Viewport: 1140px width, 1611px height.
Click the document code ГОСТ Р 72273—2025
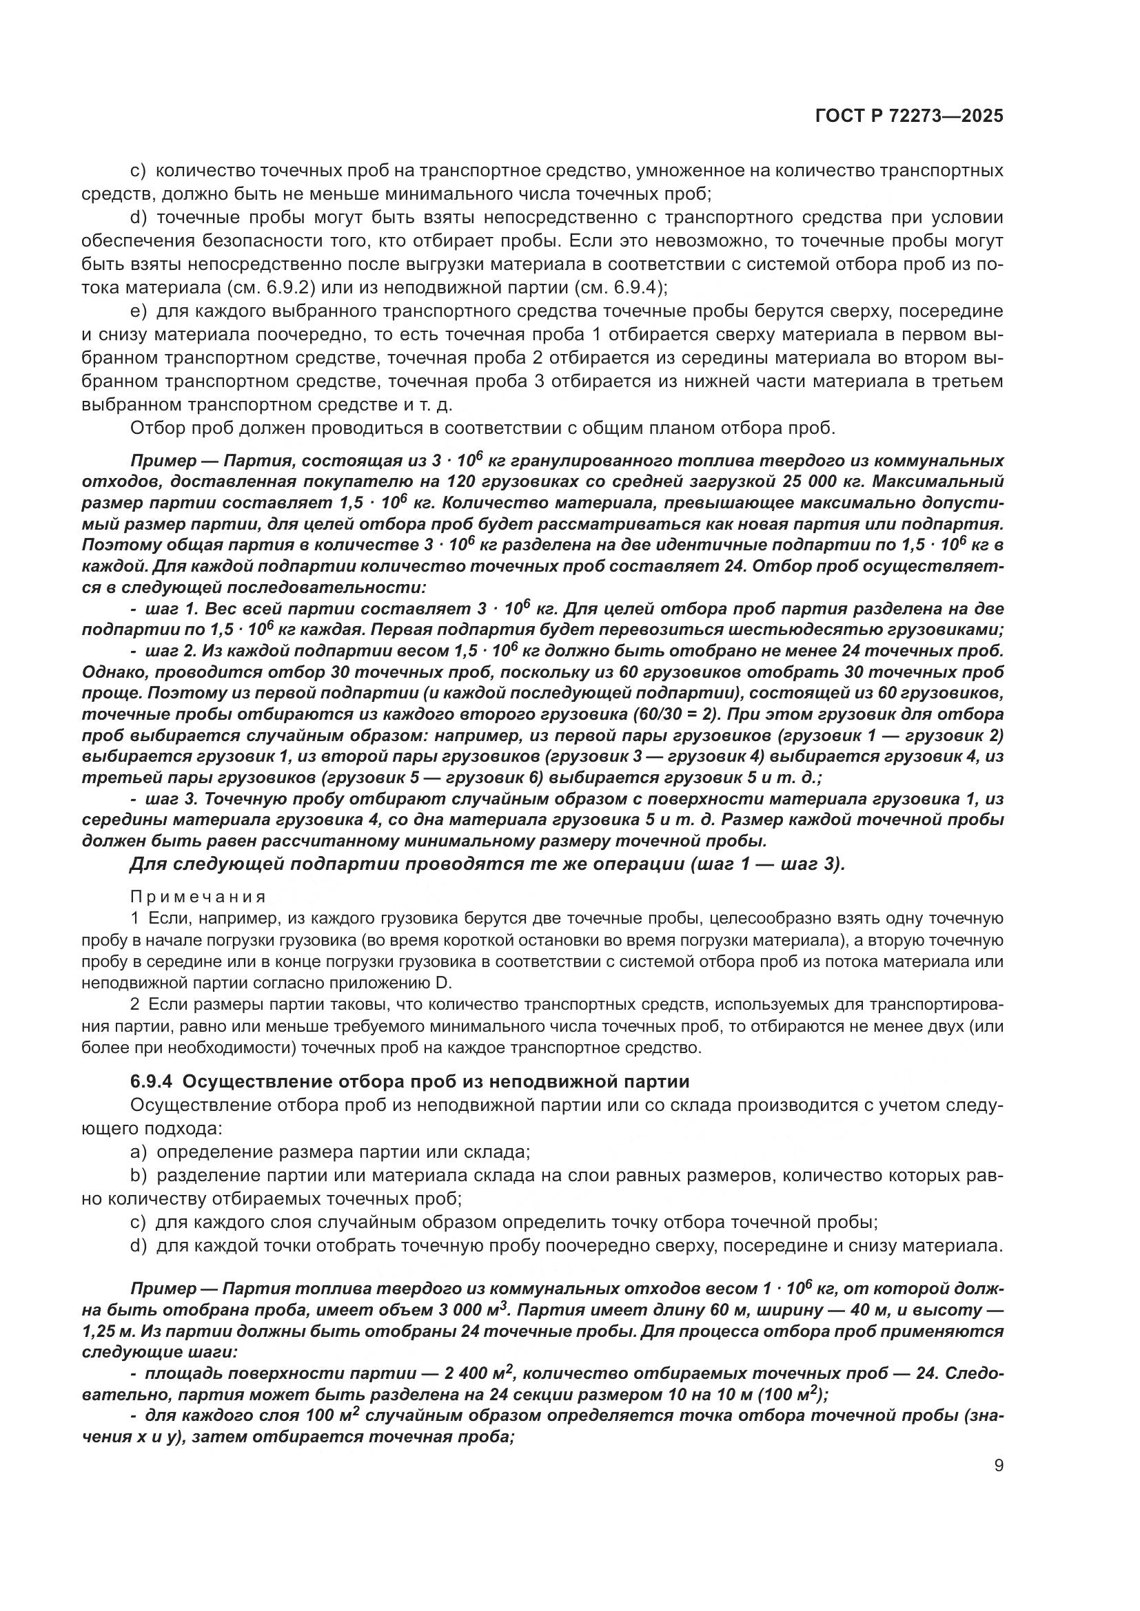(909, 116)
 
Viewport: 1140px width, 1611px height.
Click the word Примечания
(198, 897)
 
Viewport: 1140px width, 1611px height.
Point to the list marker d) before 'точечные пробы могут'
(139, 218)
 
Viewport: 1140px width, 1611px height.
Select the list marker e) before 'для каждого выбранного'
(139, 311)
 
